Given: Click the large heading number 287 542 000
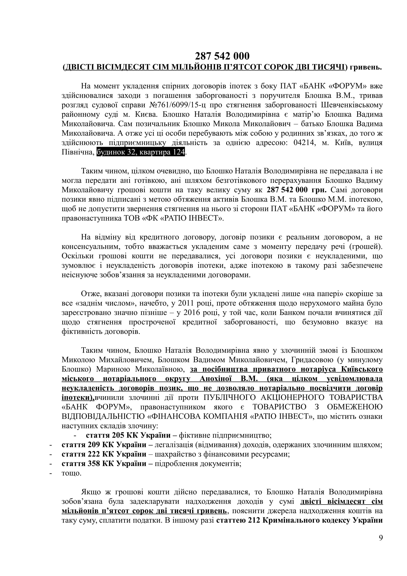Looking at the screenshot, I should pyautogui.click(x=222, y=56).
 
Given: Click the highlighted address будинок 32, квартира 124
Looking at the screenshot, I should pyautogui.click(x=141, y=152).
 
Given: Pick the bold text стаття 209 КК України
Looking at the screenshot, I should pyautogui.click(x=104, y=445).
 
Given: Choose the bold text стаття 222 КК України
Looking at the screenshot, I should pyautogui.click(x=104, y=454).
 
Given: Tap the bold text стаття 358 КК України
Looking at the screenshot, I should pyautogui.click(x=104, y=464).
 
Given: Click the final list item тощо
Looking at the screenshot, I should pyautogui.click(x=71, y=473).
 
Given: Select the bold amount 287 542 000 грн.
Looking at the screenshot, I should pyautogui.click(x=297, y=190).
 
